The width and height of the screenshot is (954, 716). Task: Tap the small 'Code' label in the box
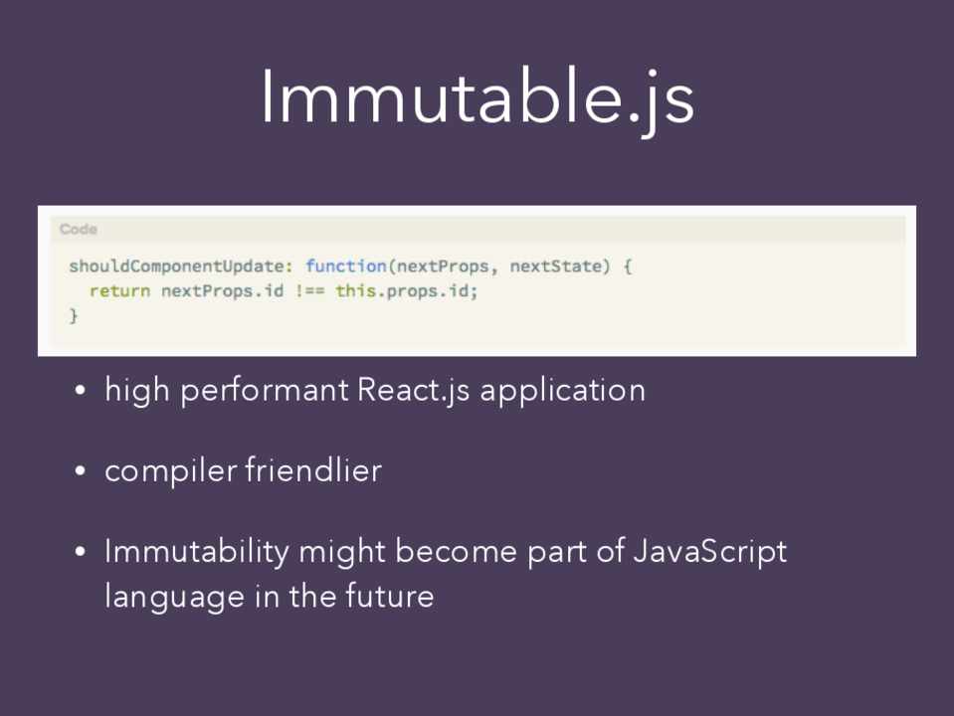pos(79,230)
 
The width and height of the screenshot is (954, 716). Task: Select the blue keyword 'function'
pos(345,266)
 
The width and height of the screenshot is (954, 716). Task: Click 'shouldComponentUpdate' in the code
pos(176,267)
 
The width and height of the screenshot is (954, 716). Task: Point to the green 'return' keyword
pos(119,291)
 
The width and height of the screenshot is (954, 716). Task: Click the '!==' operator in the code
pos(309,291)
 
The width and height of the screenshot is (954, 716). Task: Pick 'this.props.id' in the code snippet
pos(402,291)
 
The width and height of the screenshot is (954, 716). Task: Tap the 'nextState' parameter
pos(555,266)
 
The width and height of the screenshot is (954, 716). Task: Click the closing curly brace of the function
pos(74,315)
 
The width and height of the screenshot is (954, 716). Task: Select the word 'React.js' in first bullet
pos(413,391)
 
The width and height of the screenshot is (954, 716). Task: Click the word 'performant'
pos(265,391)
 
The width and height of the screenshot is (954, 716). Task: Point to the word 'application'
pos(563,391)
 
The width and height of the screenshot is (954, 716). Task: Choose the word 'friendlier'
pos(313,470)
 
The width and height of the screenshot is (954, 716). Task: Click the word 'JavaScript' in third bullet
pos(710,552)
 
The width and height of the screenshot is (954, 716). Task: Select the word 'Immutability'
pos(197,552)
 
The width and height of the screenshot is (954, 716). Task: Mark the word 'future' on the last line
pos(390,595)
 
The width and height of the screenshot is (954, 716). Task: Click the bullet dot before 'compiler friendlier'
pos(80,470)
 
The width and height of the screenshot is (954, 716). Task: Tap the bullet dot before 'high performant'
pos(80,390)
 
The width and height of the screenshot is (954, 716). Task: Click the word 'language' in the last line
pos(175,596)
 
